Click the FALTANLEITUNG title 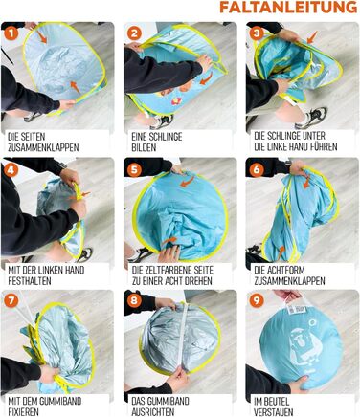pyautogui.click(x=288, y=7)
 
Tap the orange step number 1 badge pyautogui.click(x=11, y=33)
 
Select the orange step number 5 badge pyautogui.click(x=134, y=170)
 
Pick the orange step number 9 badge pyautogui.click(x=257, y=300)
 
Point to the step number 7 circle pyautogui.click(x=11, y=301)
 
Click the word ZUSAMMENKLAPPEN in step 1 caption pyautogui.click(x=43, y=147)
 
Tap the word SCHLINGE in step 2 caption pyautogui.click(x=165, y=137)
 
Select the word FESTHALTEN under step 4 pyautogui.click(x=30, y=281)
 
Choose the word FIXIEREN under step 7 pyautogui.click(x=23, y=411)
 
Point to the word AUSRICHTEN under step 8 pyautogui.click(x=153, y=411)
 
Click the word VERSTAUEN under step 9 pyautogui.click(x=274, y=411)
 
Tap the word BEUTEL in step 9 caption pyautogui.click(x=277, y=401)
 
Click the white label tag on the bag pyautogui.click(x=296, y=310)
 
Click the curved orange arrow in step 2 pyautogui.click(x=206, y=78)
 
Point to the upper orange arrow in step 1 pyautogui.click(x=41, y=36)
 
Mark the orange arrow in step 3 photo pyautogui.click(x=312, y=37)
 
